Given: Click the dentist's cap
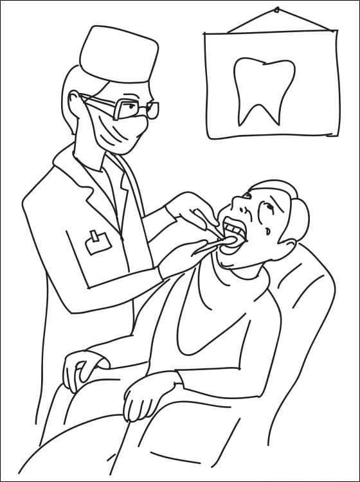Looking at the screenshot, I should click(120, 54).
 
